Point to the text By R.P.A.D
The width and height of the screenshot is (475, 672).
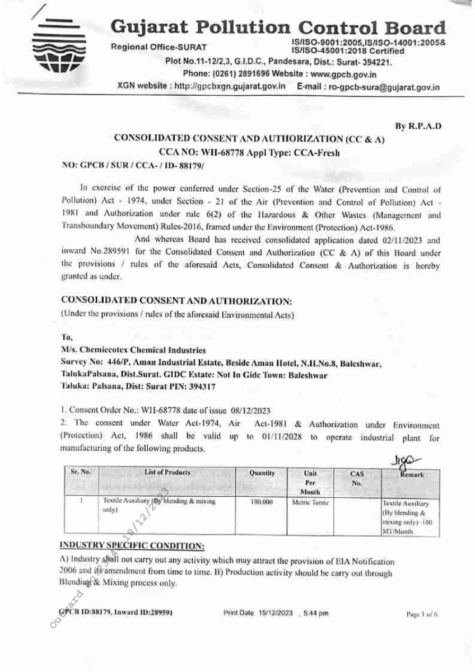click(x=418, y=127)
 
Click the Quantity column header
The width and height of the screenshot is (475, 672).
click(x=262, y=473)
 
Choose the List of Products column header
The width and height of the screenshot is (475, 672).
click(x=167, y=473)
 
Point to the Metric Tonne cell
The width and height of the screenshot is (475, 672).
click(x=310, y=503)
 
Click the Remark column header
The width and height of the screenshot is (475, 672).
click(x=412, y=475)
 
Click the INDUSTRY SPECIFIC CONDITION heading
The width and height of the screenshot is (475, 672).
click(x=132, y=545)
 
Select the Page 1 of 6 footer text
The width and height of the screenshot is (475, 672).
click(x=421, y=614)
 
